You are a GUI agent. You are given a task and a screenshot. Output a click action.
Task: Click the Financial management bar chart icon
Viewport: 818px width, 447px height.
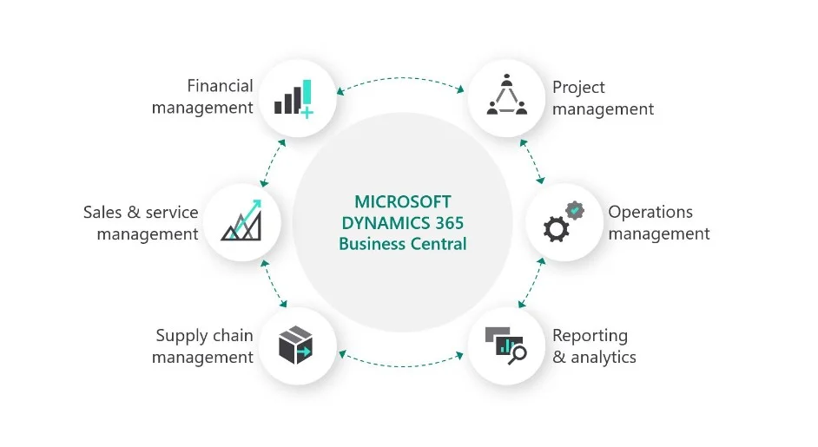tap(294, 98)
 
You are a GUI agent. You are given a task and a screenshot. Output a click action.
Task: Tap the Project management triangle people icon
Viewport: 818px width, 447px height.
tap(507, 95)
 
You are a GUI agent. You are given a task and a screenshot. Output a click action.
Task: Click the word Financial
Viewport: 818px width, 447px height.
tap(220, 86)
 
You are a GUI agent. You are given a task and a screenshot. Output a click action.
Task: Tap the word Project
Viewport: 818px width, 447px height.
tap(578, 87)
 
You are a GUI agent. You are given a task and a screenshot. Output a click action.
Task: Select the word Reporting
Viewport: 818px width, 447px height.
tap(590, 336)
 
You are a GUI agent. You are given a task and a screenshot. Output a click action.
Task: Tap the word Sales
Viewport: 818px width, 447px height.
tap(104, 212)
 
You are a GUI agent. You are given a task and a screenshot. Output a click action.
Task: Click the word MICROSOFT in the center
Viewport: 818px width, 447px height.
tap(403, 202)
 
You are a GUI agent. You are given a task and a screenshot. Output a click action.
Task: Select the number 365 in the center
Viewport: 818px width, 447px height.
tap(447, 223)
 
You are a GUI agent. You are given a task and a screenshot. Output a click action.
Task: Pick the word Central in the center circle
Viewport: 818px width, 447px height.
tap(439, 244)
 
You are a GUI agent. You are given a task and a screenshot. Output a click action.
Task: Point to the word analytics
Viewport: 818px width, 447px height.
tap(604, 357)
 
